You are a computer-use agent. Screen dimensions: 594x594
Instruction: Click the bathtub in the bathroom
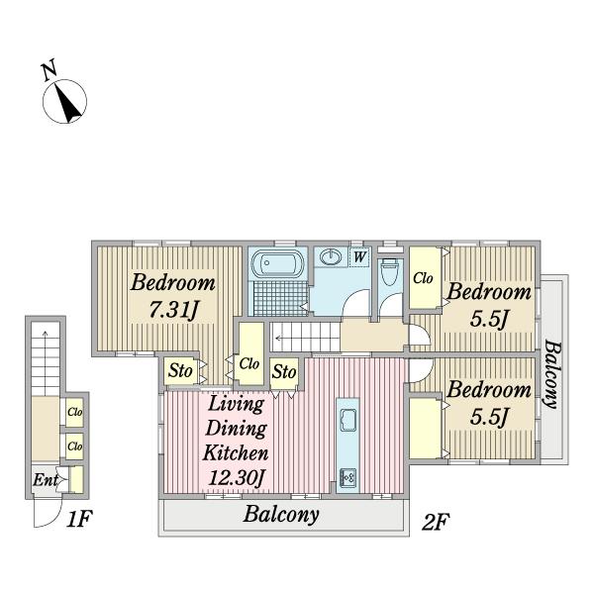[x=277, y=263]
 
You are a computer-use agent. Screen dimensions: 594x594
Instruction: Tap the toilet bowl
[x=389, y=271]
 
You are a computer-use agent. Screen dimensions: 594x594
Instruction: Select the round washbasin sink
[x=331, y=256]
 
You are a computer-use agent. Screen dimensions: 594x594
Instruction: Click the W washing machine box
[x=359, y=256]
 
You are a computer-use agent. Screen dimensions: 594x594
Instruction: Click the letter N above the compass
[x=49, y=70]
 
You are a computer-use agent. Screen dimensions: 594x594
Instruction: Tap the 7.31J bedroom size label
[x=173, y=310]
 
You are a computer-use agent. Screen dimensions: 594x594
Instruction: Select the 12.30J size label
[x=236, y=478]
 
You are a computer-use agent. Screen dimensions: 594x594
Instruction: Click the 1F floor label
[x=79, y=519]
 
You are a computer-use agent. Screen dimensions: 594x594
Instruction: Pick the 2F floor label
[x=436, y=522]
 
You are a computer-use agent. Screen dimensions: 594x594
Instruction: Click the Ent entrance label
[x=46, y=480]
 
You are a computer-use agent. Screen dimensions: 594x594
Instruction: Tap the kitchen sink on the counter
[x=347, y=420]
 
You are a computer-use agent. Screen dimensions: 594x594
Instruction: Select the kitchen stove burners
[x=347, y=478]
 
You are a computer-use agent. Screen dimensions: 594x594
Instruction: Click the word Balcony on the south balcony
[x=281, y=515]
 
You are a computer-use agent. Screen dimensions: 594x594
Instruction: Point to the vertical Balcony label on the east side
[x=551, y=374]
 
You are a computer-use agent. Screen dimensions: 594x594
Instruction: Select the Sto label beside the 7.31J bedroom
[x=180, y=370]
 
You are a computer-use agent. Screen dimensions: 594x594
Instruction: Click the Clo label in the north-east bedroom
[x=423, y=278]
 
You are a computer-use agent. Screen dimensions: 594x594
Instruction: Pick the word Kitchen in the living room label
[x=236, y=453]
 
